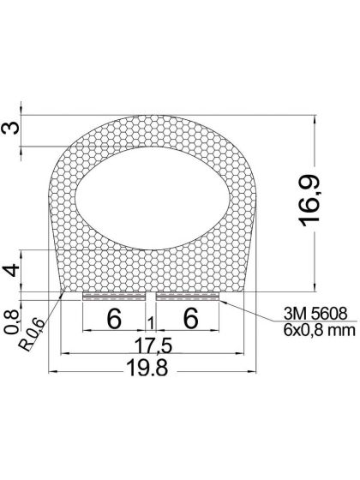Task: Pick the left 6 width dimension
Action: [112, 318]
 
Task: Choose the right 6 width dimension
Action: [190, 318]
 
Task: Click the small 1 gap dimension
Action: [152, 322]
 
